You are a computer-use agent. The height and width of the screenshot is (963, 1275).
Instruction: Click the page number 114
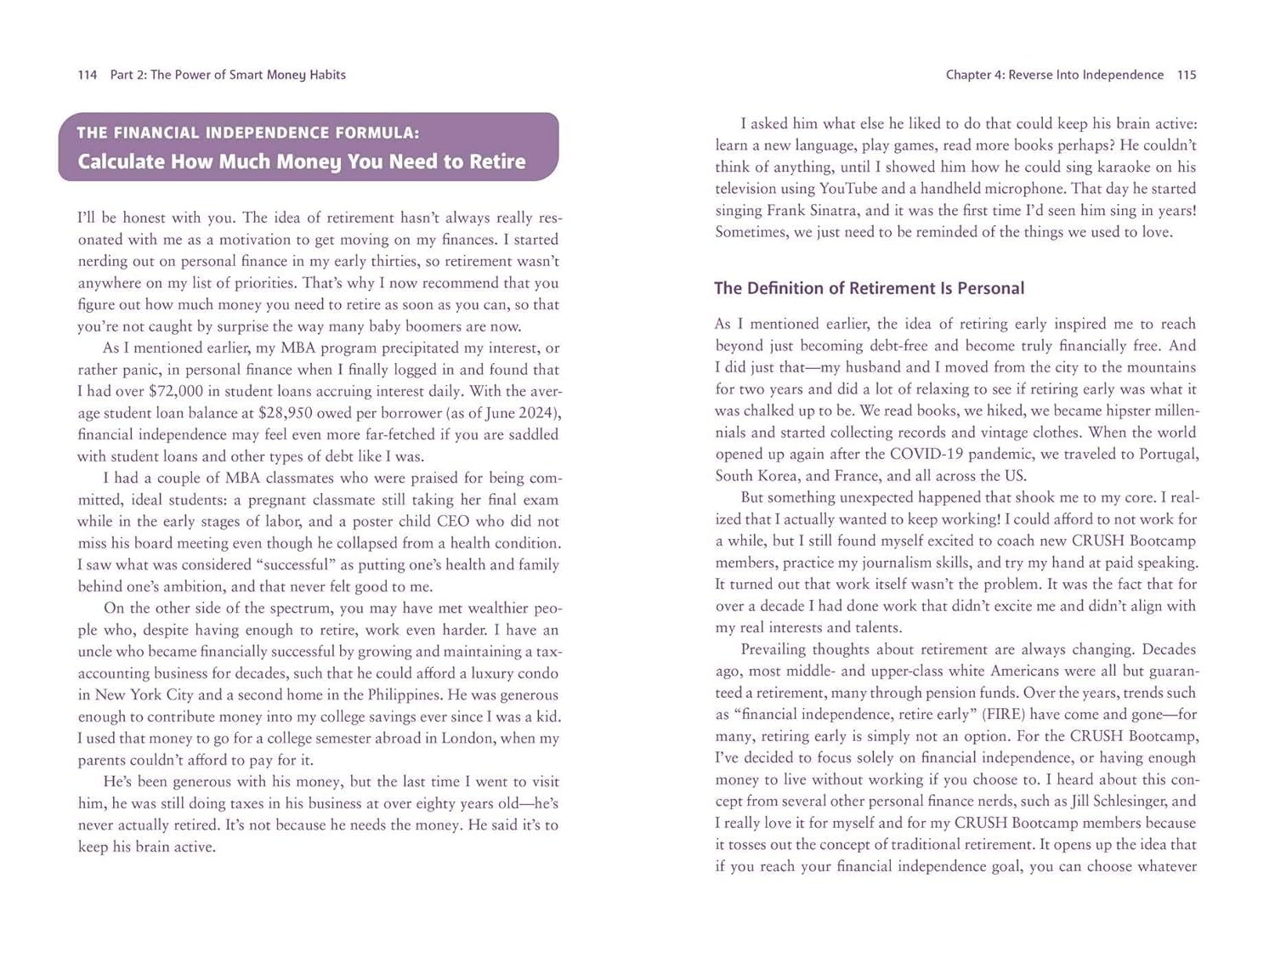(87, 75)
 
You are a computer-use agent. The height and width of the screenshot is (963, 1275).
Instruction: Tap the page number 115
(1187, 75)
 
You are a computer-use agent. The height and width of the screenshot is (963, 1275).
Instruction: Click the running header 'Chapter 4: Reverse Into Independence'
(1054, 75)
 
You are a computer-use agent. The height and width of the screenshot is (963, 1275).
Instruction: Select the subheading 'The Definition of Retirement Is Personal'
(869, 288)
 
